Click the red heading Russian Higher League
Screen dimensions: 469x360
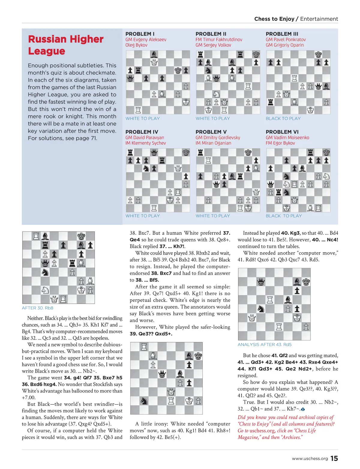(x=66, y=45)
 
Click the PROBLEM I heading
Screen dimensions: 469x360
(x=140, y=34)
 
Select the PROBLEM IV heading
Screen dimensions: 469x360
(x=142, y=132)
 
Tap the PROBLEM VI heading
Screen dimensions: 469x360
(x=282, y=132)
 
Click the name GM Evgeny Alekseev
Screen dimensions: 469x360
(x=146, y=40)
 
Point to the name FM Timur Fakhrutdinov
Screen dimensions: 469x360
(x=219, y=40)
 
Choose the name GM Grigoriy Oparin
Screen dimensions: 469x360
(x=285, y=45)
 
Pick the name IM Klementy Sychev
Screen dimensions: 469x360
(x=145, y=143)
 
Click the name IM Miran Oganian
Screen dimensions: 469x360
(x=213, y=143)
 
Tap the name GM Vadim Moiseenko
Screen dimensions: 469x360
(x=287, y=138)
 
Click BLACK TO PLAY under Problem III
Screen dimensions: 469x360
(x=283, y=118)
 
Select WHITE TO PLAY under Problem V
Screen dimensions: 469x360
(x=213, y=216)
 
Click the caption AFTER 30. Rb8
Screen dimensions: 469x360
(x=37, y=308)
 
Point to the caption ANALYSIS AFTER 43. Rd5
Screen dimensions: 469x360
(x=264, y=345)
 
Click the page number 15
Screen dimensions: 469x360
(x=334, y=458)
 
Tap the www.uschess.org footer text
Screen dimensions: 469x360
(x=310, y=459)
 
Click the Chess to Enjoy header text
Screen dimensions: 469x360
(x=274, y=19)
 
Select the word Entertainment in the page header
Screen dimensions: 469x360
(x=319, y=19)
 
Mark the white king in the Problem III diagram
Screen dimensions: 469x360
(x=310, y=110)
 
